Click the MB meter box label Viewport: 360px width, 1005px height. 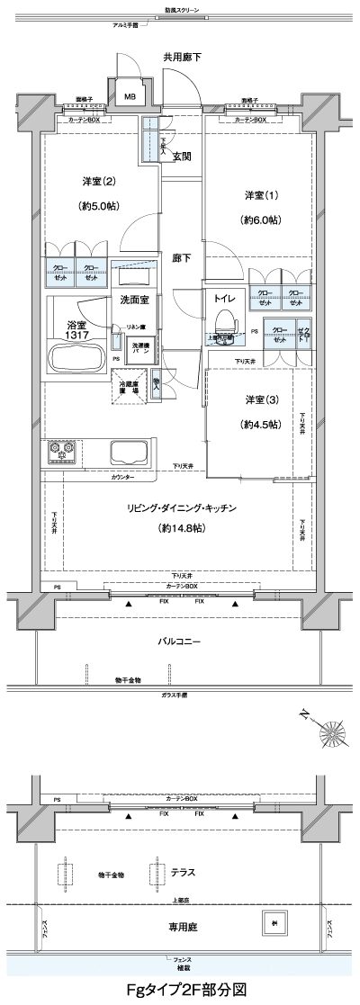click(x=130, y=97)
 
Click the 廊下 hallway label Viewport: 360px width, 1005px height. click(x=181, y=258)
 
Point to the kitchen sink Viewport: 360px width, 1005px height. click(x=128, y=451)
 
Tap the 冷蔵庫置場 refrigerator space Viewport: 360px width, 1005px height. click(x=130, y=388)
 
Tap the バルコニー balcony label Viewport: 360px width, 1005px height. click(x=180, y=642)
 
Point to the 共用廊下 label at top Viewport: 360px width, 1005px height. click(x=182, y=57)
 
